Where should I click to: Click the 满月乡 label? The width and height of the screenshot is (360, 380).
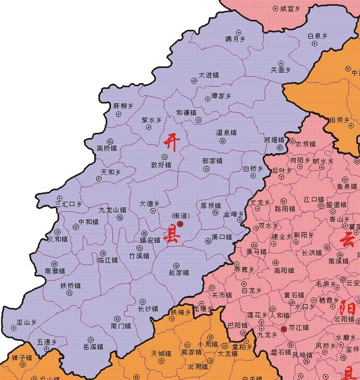[x=235, y=39]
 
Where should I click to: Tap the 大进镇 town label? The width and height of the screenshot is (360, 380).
[x=208, y=75]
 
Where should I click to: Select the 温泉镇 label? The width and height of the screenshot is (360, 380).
[x=227, y=133]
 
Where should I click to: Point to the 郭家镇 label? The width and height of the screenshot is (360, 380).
[x=212, y=161]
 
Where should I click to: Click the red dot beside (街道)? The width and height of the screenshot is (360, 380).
[x=180, y=224]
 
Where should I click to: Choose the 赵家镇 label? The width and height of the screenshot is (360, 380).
[x=179, y=272]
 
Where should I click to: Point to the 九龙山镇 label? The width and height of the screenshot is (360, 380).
[x=113, y=210]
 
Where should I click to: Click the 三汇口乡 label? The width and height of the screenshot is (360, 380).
[x=69, y=204]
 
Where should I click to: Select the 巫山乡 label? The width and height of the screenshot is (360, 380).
[x=26, y=323]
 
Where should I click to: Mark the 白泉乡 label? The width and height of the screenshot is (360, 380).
[x=318, y=36]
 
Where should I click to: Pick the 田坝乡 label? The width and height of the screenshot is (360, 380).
[x=339, y=120]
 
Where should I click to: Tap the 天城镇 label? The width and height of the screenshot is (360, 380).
[x=161, y=354]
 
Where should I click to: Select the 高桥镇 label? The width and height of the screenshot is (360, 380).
[x=107, y=148]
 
